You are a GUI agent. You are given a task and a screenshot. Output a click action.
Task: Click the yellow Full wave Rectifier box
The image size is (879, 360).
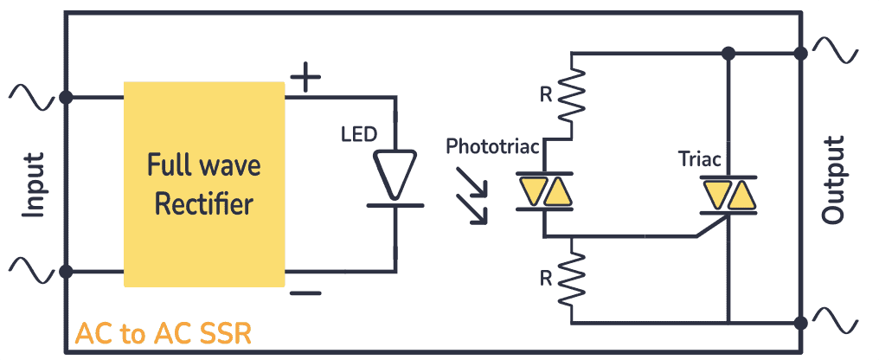tap(204, 183)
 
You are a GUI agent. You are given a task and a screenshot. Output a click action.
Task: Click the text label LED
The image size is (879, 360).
tap(358, 134)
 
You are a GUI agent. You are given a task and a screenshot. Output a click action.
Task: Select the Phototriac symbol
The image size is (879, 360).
tap(544, 191)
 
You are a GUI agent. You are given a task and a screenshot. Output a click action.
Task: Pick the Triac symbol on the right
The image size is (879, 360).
tap(729, 194)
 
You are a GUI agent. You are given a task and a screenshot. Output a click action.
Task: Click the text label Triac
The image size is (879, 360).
tap(699, 158)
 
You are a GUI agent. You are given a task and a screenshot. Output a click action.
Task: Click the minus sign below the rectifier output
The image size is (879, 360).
tap(305, 292)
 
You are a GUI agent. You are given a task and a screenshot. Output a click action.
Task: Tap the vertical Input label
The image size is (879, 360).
tap(34, 184)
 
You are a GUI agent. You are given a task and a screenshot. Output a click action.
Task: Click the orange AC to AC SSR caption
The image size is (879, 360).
tap(164, 334)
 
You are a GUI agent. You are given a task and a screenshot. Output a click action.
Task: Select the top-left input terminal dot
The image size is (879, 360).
tap(66, 96)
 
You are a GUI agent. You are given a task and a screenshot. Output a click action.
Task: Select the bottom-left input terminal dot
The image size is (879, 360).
tap(66, 271)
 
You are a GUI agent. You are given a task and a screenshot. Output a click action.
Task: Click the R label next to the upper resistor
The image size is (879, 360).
tap(545, 95)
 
